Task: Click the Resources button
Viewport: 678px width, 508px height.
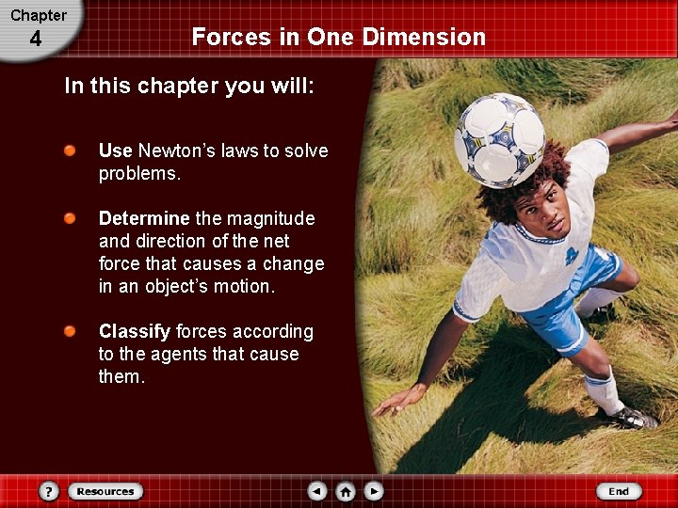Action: pyautogui.click(x=105, y=491)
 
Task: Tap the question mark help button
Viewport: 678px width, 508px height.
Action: pyautogui.click(x=50, y=491)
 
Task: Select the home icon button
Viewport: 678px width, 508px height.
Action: pyautogui.click(x=346, y=491)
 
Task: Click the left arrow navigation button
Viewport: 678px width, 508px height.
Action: pyautogui.click(x=317, y=491)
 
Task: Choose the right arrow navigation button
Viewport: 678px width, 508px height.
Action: pyautogui.click(x=374, y=491)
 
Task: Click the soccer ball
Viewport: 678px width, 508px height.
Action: pyautogui.click(x=499, y=140)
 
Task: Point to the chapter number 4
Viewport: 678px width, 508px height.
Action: pyautogui.click(x=35, y=40)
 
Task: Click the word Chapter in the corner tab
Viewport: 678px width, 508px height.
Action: pyautogui.click(x=39, y=15)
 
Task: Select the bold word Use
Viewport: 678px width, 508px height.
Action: pyautogui.click(x=116, y=151)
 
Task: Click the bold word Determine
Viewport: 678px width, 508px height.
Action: pyautogui.click(x=144, y=218)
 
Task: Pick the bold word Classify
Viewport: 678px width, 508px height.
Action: pyautogui.click(x=135, y=331)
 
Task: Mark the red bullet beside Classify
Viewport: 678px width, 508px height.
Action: pyautogui.click(x=71, y=332)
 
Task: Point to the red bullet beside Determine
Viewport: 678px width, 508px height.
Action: pyautogui.click(x=71, y=219)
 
